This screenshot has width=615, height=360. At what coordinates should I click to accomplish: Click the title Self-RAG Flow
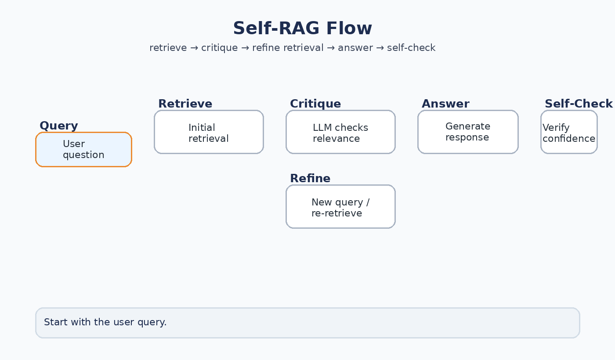pos(302,29)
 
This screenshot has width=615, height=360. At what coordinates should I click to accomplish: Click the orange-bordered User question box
pos(83,150)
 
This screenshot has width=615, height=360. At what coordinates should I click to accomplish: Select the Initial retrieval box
pos(209,132)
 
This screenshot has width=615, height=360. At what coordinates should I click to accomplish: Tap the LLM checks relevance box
pos(340,132)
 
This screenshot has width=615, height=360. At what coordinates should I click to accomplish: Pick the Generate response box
pos(468,132)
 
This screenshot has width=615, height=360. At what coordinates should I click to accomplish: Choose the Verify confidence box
pos(569,132)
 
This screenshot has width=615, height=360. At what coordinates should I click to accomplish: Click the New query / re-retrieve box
pos(340,207)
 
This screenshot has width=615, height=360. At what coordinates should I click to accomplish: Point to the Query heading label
pos(58,126)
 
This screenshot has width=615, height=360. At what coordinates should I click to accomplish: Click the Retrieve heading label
pos(185,104)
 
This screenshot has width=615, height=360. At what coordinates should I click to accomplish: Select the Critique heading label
pos(315,104)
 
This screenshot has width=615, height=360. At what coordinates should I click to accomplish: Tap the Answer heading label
pos(445,104)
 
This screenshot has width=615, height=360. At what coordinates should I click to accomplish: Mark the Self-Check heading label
pos(578,104)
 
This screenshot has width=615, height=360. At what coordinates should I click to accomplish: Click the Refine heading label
pos(310,179)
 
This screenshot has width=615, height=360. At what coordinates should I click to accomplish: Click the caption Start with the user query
pos(105,322)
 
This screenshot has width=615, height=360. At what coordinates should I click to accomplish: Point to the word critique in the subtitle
pos(219,48)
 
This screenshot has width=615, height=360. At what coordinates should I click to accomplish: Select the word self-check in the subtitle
pos(411,48)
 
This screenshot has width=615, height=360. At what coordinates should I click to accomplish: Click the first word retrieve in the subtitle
pos(168,48)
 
